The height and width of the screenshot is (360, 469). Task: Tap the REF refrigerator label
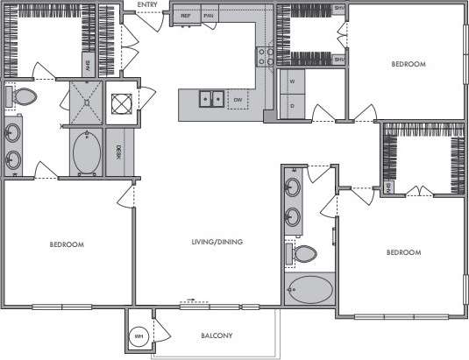[186, 17]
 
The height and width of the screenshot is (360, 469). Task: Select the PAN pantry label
[209, 17]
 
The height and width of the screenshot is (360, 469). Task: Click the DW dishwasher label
[237, 100]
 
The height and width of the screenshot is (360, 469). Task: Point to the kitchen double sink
[210, 99]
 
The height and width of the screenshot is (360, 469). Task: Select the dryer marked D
[292, 105]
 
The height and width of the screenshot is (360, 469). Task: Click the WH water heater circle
[139, 336]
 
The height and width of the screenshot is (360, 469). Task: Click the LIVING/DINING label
[217, 242]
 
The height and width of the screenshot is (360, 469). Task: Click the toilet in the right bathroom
[305, 255]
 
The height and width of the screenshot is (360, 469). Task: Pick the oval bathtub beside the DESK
[85, 152]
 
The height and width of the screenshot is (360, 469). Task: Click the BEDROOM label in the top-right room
[409, 65]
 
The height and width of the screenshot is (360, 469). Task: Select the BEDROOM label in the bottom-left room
[66, 244]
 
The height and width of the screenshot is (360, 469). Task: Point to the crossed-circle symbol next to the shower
[120, 102]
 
